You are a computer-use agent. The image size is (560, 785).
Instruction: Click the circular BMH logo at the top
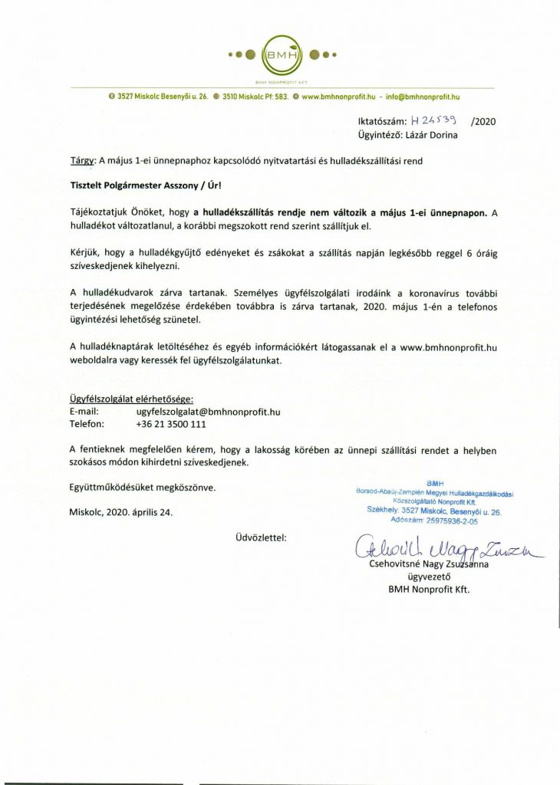pyautogui.click(x=280, y=54)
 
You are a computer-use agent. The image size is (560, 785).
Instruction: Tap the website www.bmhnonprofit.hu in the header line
pyautogui.click(x=338, y=97)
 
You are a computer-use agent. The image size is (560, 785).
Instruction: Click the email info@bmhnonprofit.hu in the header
pyautogui.click(x=423, y=97)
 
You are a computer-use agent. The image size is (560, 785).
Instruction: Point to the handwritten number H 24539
pyautogui.click(x=434, y=120)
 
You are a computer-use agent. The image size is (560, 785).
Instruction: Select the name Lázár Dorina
pyautogui.click(x=433, y=135)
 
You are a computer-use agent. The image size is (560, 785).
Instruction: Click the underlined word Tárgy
pyautogui.click(x=80, y=161)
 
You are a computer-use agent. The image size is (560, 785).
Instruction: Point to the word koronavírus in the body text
pyautogui.click(x=433, y=294)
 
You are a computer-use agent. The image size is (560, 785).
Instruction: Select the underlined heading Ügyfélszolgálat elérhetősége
pyautogui.click(x=132, y=399)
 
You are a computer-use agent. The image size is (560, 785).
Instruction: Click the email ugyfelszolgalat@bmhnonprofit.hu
pyautogui.click(x=208, y=412)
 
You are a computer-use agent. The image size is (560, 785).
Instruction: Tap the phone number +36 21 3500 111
pyautogui.click(x=171, y=424)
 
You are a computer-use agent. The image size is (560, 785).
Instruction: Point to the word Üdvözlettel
pyautogui.click(x=261, y=537)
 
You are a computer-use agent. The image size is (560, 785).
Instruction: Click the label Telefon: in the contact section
pyautogui.click(x=87, y=424)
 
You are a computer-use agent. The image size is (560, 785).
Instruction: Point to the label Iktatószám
pyautogui.click(x=381, y=121)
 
